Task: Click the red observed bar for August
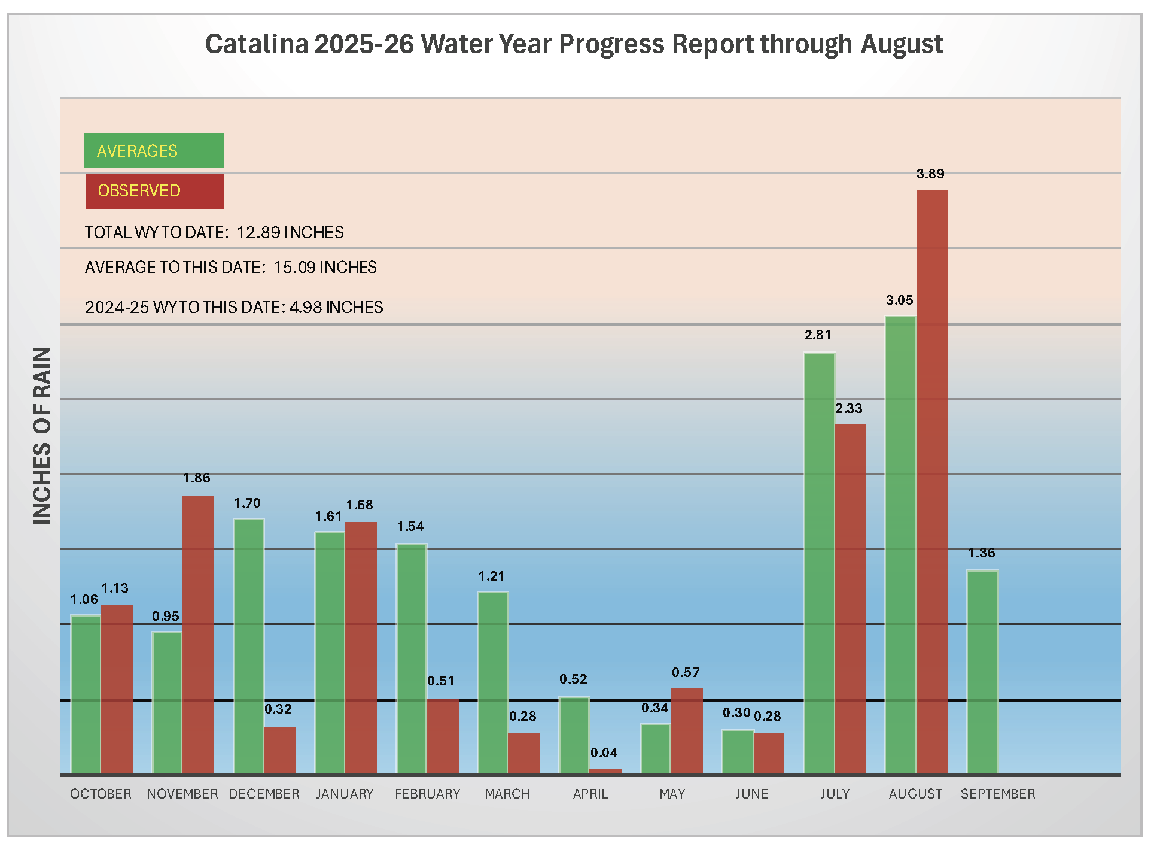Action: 932,482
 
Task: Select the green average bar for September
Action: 982,672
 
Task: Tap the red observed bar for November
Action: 198,635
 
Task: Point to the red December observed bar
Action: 280,751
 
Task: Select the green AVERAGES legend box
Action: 154,150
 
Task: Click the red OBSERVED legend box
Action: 155,192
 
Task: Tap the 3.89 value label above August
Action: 930,174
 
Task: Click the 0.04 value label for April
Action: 604,752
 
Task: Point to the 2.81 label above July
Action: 818,335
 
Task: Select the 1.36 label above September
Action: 982,553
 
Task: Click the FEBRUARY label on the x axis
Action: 427,794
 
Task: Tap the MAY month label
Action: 672,794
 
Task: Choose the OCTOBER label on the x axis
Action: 101,794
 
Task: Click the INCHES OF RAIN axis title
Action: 42,436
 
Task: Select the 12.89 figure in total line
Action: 258,232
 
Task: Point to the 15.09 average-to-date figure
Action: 294,267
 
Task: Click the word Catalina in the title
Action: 257,44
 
